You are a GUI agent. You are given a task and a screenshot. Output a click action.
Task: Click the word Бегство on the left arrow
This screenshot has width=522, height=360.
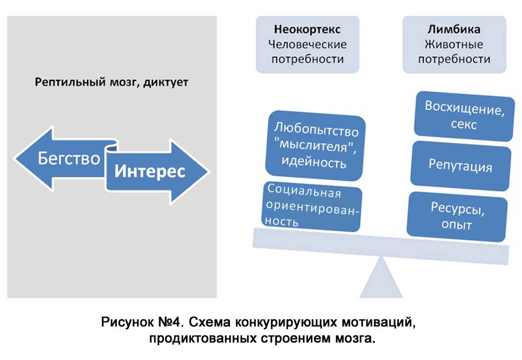68,159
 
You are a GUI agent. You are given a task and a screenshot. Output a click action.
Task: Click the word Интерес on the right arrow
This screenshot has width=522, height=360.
150,171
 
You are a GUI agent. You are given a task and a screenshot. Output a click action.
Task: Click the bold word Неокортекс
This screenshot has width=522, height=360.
307,29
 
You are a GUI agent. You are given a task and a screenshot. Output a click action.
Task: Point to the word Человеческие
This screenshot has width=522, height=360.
308,44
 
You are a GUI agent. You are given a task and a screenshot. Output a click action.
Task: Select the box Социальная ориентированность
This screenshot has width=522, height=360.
312,206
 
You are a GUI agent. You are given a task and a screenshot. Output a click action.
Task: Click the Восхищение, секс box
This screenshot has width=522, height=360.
461,115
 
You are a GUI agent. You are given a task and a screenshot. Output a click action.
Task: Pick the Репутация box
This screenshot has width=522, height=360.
460,166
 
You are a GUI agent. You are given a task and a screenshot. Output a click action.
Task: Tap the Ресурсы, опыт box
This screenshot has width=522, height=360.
457,215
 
